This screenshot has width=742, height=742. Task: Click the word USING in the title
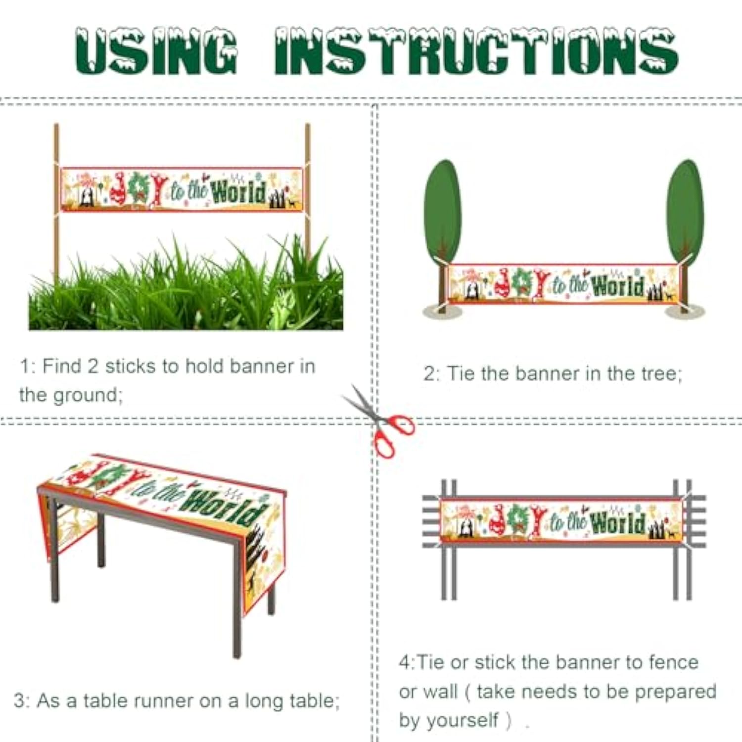[x=156, y=51]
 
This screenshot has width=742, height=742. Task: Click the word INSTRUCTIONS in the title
[x=476, y=51]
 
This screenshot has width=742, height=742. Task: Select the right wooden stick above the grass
[x=307, y=193]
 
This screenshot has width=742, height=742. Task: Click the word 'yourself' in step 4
[x=462, y=721]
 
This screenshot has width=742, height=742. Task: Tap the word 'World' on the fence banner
[x=618, y=522]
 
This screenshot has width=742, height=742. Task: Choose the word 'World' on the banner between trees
[x=618, y=286]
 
